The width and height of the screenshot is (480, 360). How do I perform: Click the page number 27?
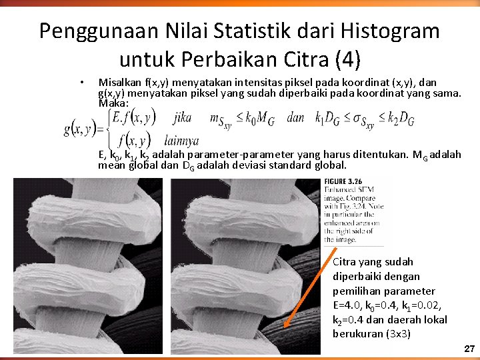tap(469, 349)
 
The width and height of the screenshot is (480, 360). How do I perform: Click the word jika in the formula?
tap(181, 118)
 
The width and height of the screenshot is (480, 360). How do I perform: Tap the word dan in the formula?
tap(295, 118)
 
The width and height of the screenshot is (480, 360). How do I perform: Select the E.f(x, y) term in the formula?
tap(134, 119)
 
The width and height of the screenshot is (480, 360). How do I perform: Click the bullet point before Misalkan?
tap(81, 83)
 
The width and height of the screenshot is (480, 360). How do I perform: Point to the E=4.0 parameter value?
tap(348, 305)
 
